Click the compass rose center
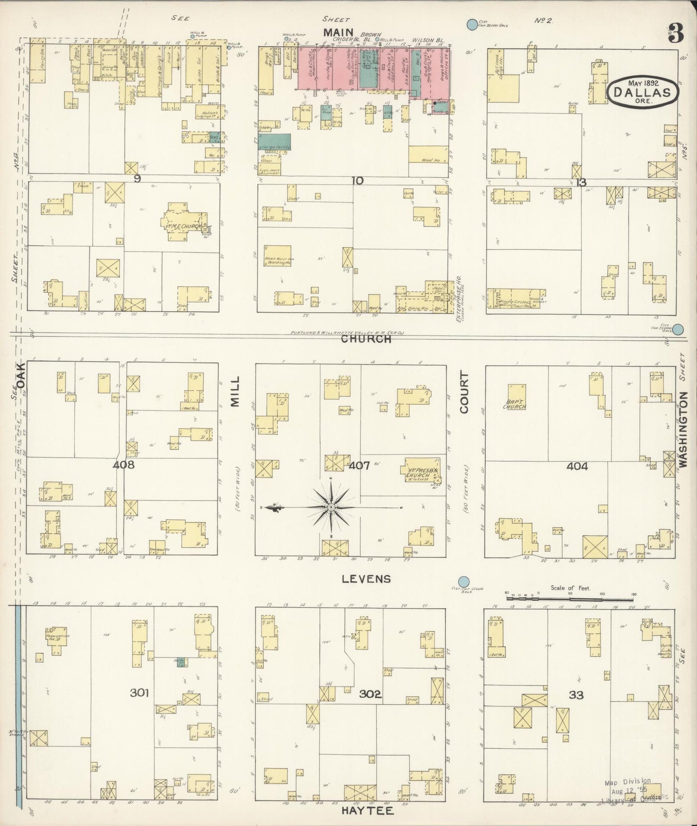[331, 508]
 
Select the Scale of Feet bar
[569, 599]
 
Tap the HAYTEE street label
[367, 811]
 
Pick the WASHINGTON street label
[683, 429]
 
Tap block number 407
[359, 466]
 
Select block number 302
[370, 694]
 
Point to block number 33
[576, 695]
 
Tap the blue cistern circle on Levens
[464, 582]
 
